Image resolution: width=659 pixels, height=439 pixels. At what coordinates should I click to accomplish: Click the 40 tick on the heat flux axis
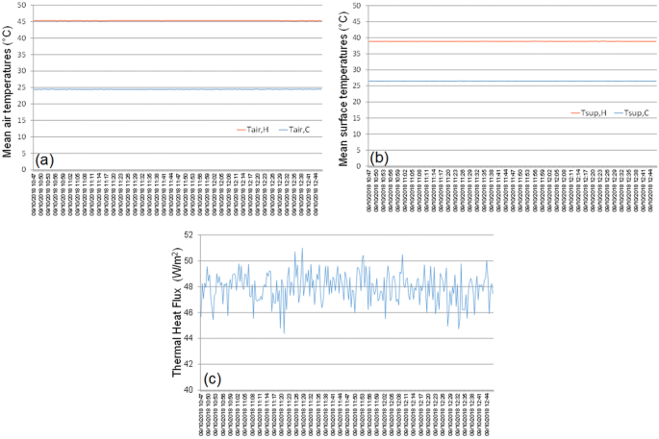coord(189,390)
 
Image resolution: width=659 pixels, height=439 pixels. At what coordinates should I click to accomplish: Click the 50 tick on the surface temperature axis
coord(356,6)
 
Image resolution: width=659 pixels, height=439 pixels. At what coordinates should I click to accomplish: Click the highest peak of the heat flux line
coord(302,248)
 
